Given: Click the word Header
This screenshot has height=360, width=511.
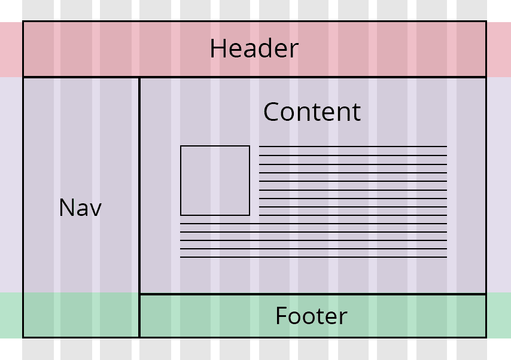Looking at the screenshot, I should point(254,49).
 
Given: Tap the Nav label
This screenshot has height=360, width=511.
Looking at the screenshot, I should point(80,208).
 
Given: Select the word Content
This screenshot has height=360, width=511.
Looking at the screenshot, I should point(312,112).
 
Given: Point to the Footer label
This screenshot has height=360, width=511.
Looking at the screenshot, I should point(311,316).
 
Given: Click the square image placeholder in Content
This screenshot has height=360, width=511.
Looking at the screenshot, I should point(215,180).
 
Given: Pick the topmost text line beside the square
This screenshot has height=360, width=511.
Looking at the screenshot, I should point(353,147).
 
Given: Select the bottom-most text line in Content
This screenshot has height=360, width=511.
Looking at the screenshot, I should point(314,257).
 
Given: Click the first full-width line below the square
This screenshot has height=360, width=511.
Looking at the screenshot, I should point(314,224).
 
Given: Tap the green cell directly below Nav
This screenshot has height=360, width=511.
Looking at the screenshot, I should point(81,315).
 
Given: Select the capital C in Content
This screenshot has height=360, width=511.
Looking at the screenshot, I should point(271,112).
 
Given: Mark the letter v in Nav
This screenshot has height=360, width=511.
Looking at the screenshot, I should point(95,209).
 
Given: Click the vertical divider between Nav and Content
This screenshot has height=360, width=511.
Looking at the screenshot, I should point(139,185).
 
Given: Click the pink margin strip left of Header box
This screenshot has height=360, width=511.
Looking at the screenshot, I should point(11,50).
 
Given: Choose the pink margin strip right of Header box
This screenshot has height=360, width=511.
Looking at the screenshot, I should point(498,50).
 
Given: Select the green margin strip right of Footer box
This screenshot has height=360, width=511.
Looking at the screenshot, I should point(498,315).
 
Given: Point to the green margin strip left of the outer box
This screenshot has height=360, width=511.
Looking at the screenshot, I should point(11,315).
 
